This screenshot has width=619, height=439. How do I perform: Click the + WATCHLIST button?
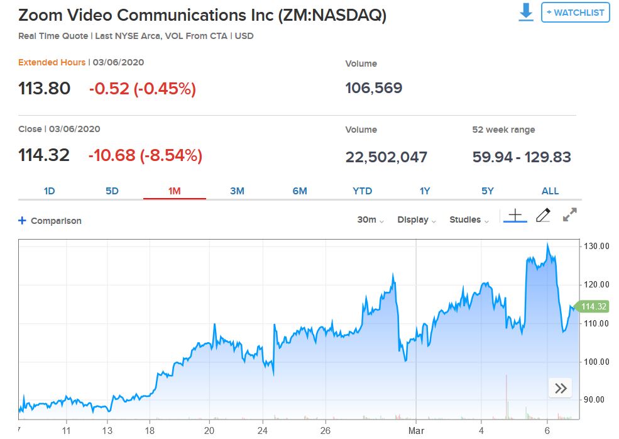tap(575, 13)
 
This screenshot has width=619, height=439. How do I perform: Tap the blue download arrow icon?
tap(526, 13)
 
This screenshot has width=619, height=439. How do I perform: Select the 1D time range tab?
tap(50, 191)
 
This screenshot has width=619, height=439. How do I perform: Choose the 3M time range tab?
tap(237, 191)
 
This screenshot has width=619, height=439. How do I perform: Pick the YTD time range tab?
tap(362, 191)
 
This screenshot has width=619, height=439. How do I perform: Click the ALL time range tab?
tap(550, 191)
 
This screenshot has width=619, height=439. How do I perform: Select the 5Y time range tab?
tap(488, 191)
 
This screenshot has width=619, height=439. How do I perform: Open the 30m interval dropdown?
tap(370, 220)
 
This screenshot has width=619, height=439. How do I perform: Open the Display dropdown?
tap(417, 220)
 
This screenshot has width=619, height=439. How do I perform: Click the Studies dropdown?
tap(469, 220)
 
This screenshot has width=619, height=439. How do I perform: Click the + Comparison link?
tap(50, 221)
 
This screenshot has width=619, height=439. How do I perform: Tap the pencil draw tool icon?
tap(543, 216)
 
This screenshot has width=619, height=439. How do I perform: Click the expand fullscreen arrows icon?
tap(570, 215)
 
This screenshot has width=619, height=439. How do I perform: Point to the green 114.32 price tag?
tap(593, 307)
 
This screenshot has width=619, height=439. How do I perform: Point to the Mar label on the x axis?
tap(416, 431)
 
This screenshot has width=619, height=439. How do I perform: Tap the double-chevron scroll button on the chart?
tap(561, 388)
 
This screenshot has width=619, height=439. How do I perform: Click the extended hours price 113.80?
tap(45, 89)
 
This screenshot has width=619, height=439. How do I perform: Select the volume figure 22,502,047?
tap(386, 157)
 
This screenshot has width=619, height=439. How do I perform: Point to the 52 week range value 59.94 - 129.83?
tap(522, 157)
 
